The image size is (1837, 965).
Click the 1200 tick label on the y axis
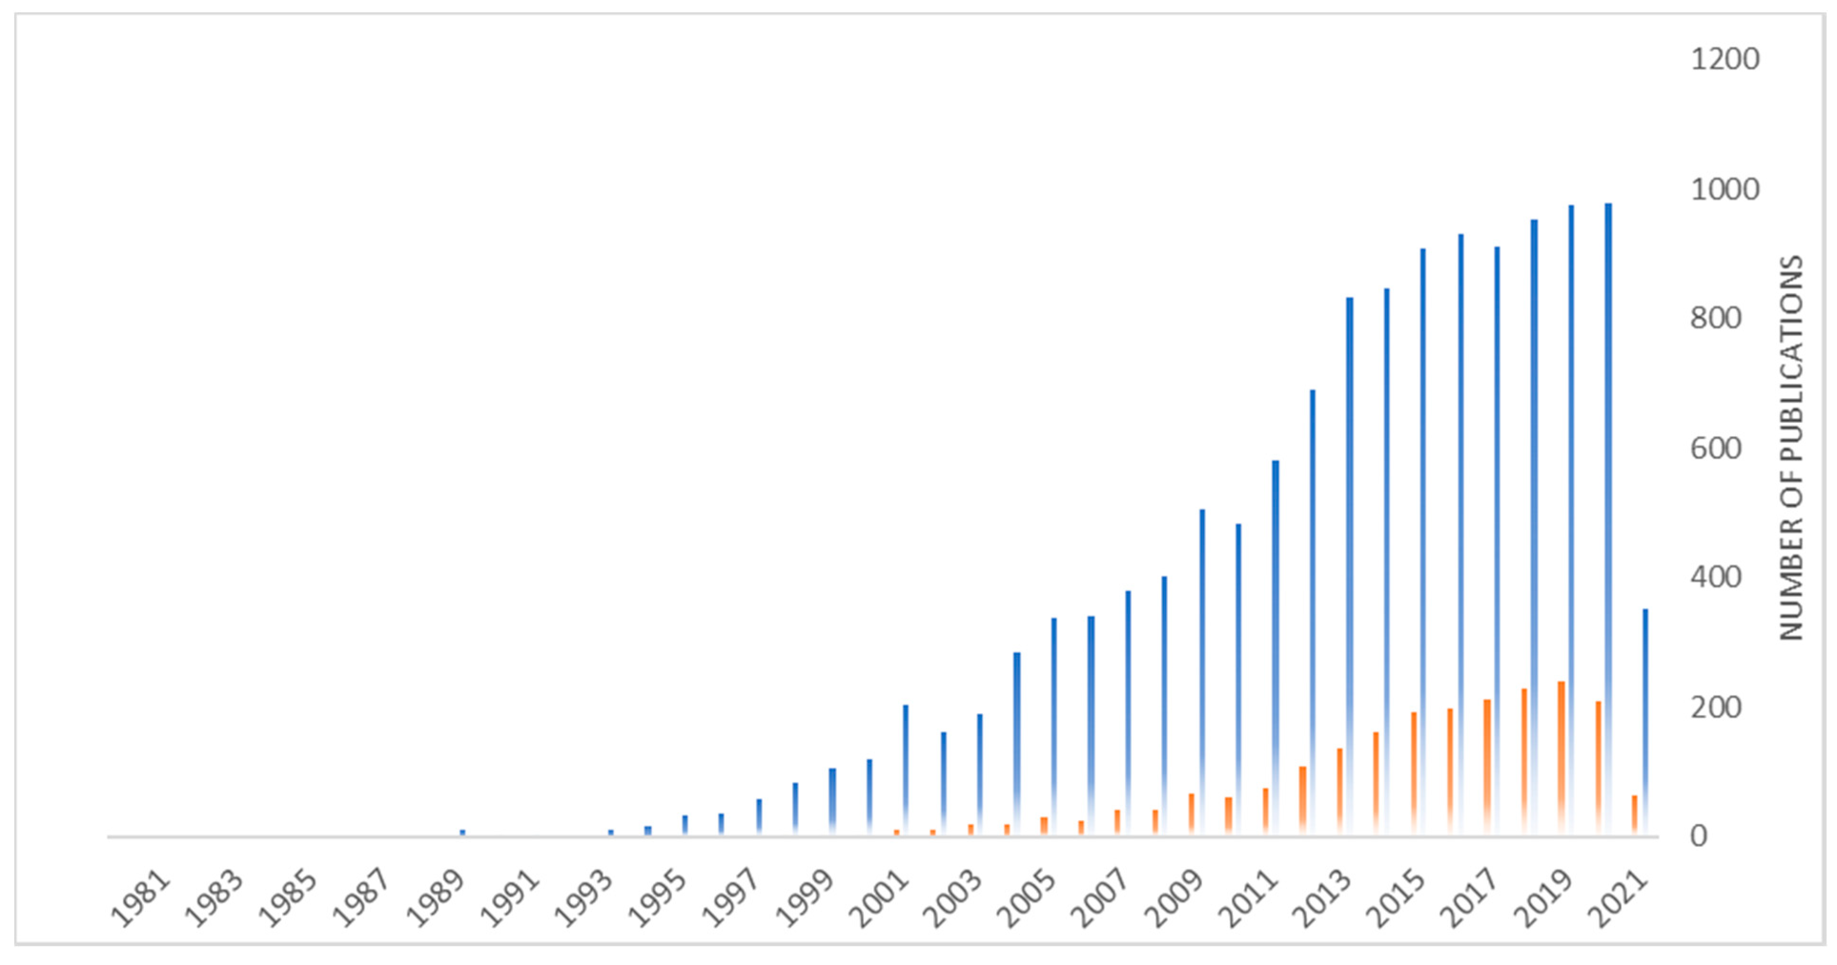(1725, 59)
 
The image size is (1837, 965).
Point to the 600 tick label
(1715, 449)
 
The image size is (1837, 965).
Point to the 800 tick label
(1715, 319)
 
